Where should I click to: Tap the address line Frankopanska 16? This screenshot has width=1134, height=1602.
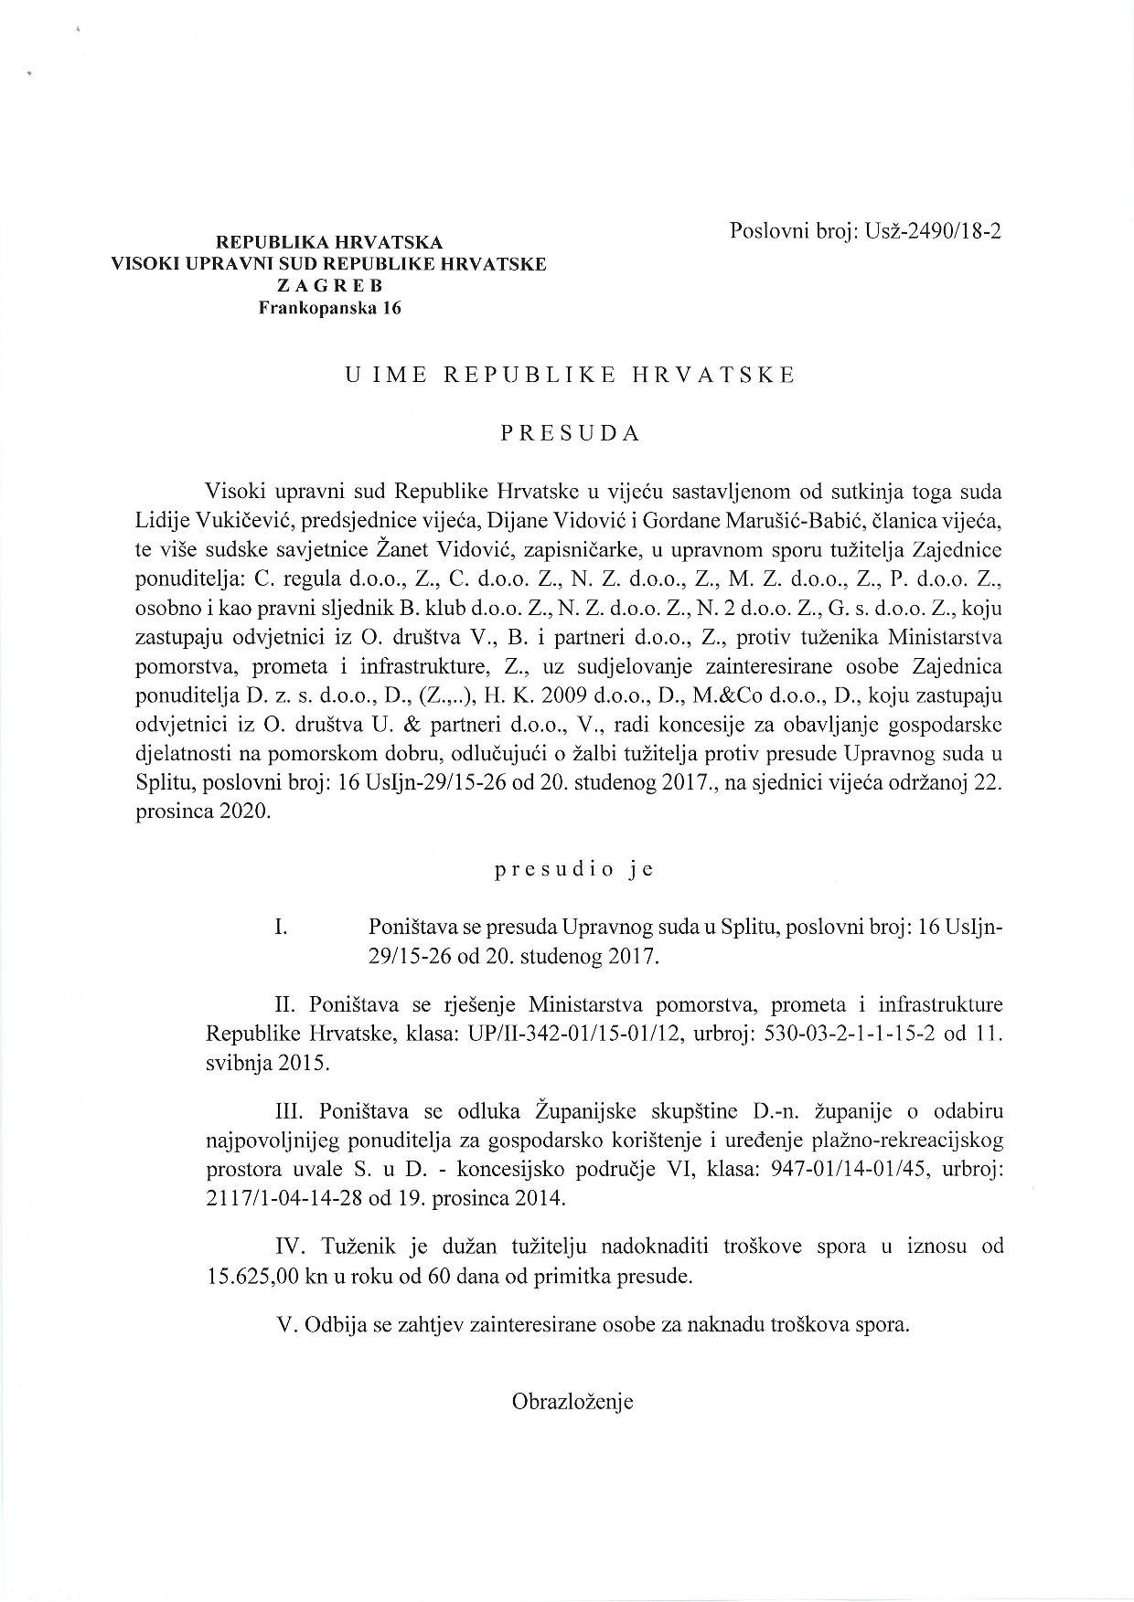[330, 308]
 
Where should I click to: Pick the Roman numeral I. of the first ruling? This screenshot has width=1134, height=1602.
[282, 927]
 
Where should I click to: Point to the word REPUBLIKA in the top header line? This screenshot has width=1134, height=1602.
[263, 242]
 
